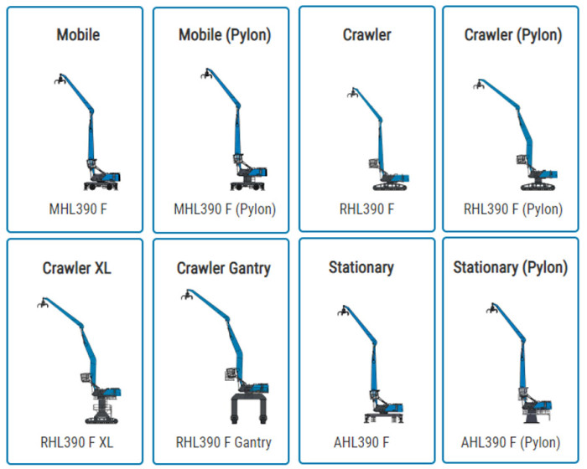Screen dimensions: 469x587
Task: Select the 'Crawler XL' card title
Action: pyautogui.click(x=77, y=268)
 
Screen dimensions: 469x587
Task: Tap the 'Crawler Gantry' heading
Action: pyautogui.click(x=224, y=268)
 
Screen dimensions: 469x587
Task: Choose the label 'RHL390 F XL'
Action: pyautogui.click(x=77, y=441)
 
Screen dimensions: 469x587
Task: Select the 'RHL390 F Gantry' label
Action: pyautogui.click(x=224, y=441)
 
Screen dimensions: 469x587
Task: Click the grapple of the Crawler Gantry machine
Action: pyautogui.click(x=188, y=296)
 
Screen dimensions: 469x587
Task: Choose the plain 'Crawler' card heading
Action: pyautogui.click(x=367, y=35)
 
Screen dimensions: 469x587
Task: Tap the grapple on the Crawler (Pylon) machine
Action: pyautogui.click(x=479, y=84)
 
